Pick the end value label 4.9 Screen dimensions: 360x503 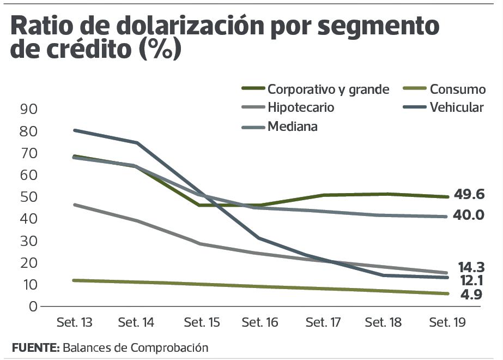[x=471, y=295]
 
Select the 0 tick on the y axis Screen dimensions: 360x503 [x=33, y=306]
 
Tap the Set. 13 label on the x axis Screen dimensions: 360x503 [x=74, y=323]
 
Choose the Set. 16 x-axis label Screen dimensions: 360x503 [x=260, y=323]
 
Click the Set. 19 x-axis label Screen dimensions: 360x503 [x=447, y=323]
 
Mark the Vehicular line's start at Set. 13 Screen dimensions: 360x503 [x=74, y=130]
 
